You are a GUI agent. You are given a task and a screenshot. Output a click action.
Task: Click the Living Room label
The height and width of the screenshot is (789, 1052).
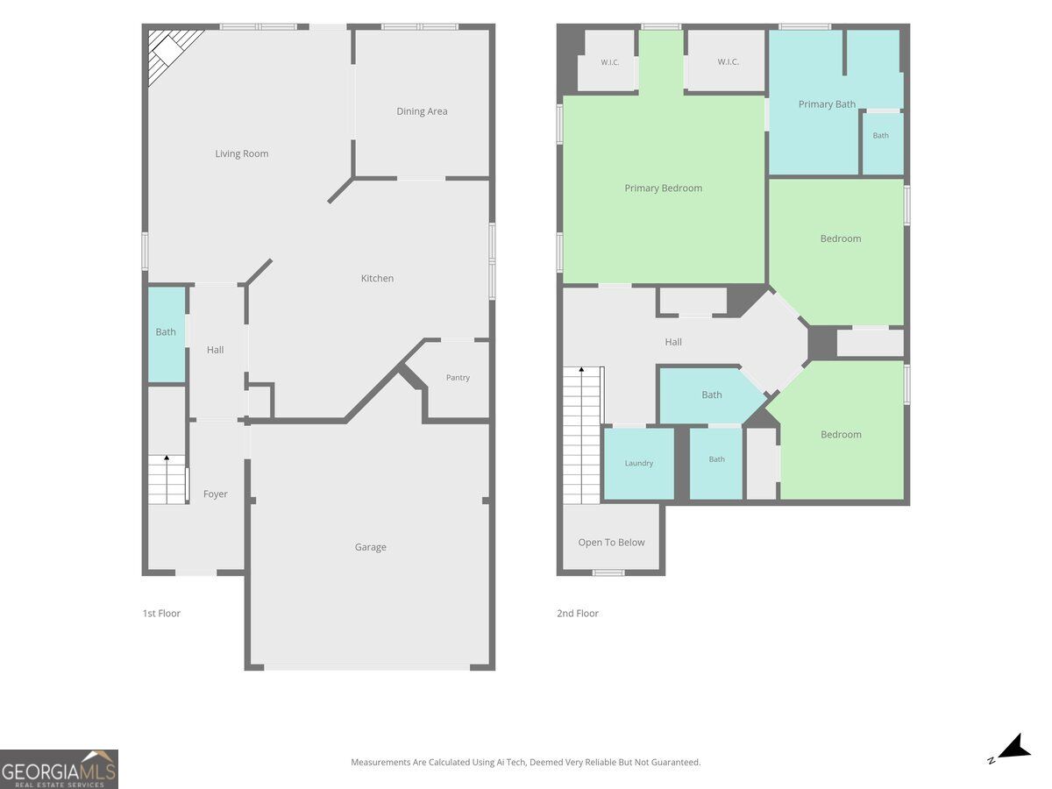(242, 153)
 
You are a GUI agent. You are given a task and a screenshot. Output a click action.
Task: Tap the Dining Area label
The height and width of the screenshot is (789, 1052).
(422, 111)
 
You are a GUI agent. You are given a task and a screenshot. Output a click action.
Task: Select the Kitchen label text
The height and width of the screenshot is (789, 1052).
(377, 278)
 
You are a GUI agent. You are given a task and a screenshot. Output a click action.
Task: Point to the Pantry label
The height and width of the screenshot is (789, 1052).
(458, 378)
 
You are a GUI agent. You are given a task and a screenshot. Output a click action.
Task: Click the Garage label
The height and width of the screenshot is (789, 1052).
(371, 547)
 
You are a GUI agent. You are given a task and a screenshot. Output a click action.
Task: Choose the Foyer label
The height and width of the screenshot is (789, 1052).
(215, 494)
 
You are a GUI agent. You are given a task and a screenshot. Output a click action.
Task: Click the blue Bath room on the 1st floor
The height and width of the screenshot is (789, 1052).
(167, 334)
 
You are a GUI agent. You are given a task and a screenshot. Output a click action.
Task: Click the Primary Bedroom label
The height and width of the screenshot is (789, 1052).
(664, 188)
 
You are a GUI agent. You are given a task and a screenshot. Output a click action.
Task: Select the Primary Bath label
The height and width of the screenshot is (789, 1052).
(827, 104)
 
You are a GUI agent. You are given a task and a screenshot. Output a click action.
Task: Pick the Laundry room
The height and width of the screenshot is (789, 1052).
(639, 463)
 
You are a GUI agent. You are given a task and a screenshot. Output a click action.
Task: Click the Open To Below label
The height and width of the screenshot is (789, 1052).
(611, 543)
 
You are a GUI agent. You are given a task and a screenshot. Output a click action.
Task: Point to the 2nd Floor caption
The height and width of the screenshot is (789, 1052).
(578, 613)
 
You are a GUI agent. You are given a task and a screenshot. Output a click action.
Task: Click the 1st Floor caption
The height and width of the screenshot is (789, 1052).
(161, 613)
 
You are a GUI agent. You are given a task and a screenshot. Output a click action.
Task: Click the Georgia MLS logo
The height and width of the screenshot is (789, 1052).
(59, 769)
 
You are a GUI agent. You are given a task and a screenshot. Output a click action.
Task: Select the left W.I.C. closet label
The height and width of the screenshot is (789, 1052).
(609, 62)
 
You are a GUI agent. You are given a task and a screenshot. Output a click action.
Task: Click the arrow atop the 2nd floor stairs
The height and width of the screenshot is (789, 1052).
(581, 369)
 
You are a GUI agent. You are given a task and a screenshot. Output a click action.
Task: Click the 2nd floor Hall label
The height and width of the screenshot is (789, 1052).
(673, 342)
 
